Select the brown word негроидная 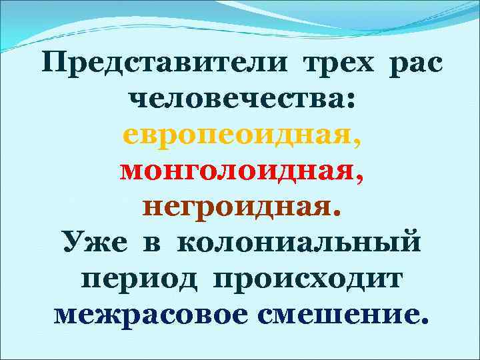[x=235, y=208]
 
